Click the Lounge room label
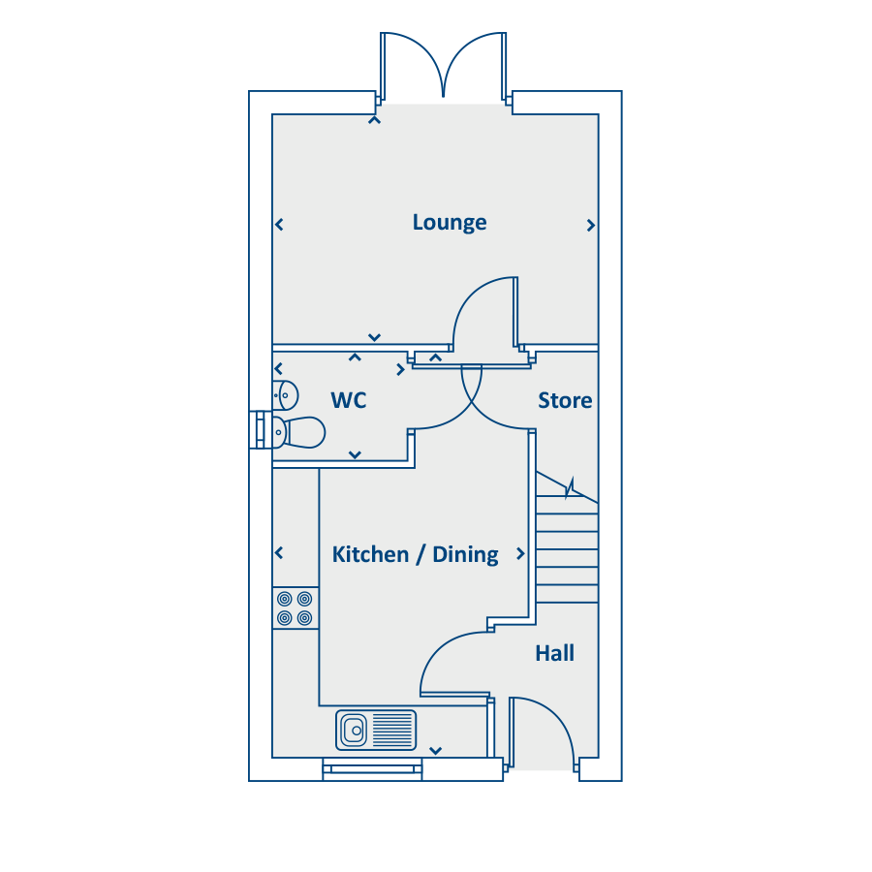(450, 223)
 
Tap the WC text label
(349, 400)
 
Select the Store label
(565, 400)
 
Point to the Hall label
(554, 653)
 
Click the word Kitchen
(370, 554)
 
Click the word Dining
(465, 555)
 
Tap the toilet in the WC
(298, 432)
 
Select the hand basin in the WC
(286, 395)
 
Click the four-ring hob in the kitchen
(295, 608)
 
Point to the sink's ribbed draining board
(392, 730)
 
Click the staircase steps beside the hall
(567, 549)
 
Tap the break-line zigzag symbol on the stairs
(570, 488)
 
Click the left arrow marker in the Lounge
(279, 225)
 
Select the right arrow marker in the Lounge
(591, 225)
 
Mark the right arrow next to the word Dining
(520, 553)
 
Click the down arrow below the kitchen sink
(435, 751)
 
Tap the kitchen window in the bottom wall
(372, 769)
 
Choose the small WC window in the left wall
(261, 430)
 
